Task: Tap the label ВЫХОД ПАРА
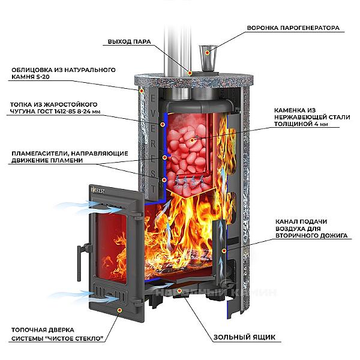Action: click(128, 42)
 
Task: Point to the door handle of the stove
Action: click(78, 259)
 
